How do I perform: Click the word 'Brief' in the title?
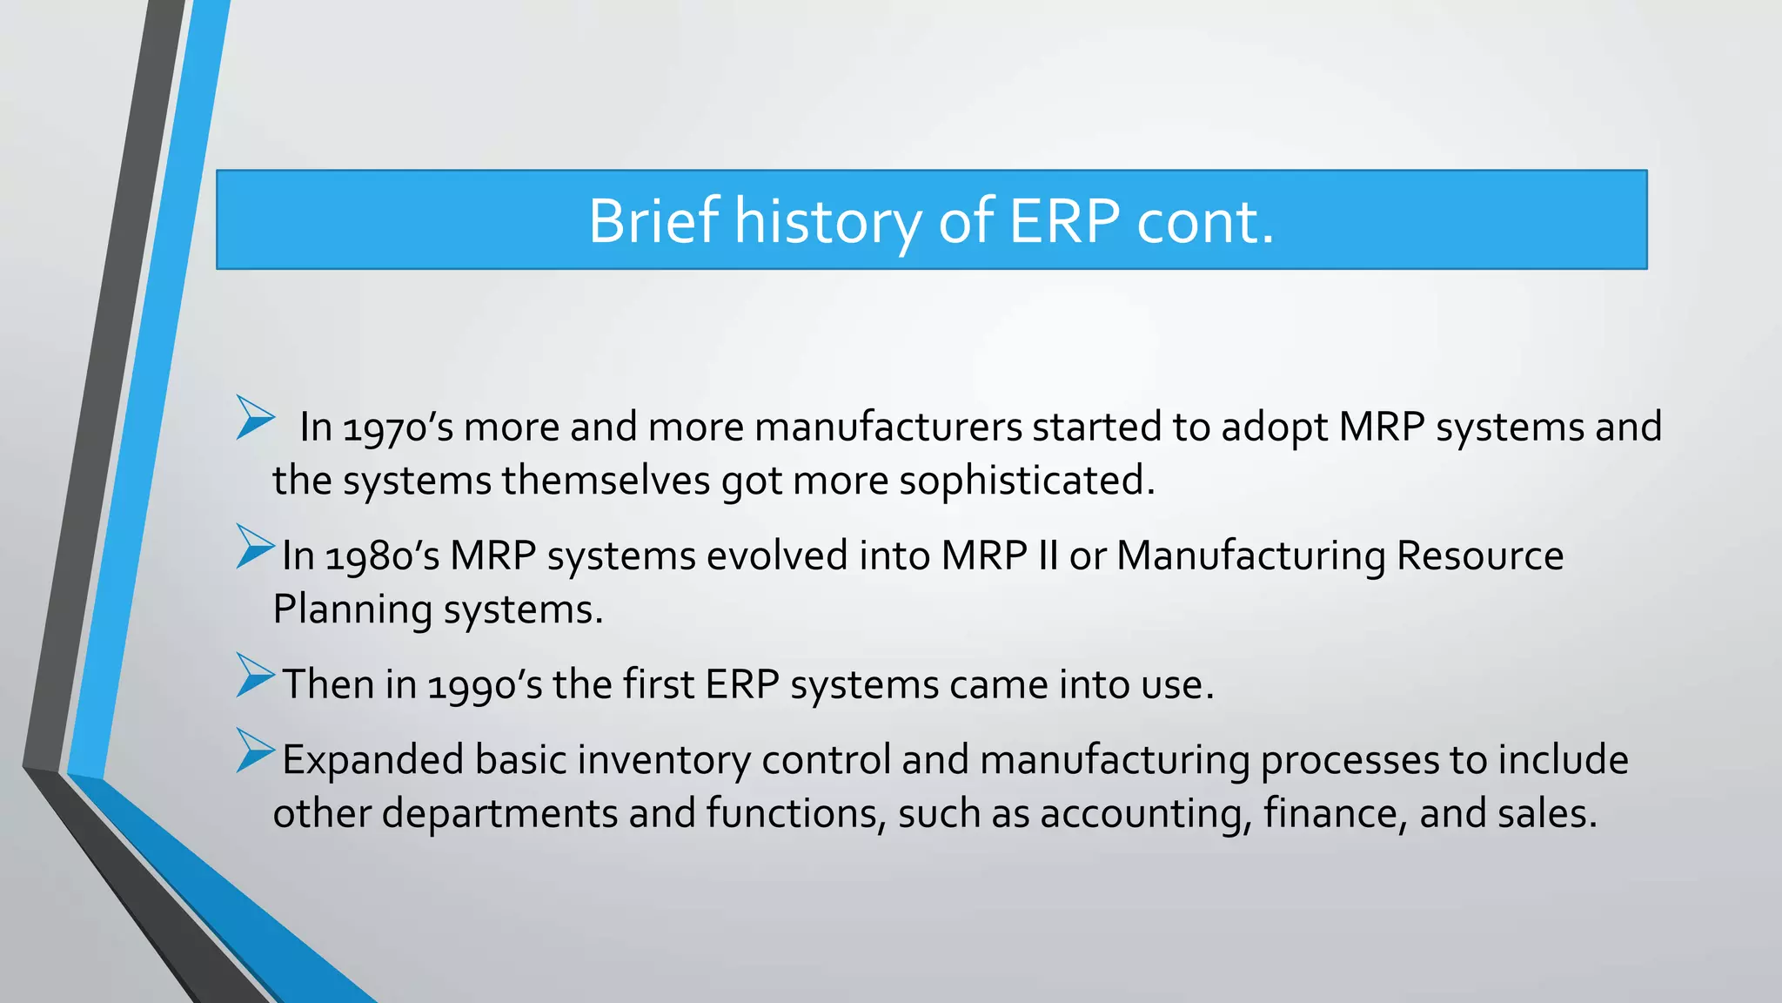coord(653,220)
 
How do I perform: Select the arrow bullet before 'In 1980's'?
coord(255,547)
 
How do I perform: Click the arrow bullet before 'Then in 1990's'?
coord(255,676)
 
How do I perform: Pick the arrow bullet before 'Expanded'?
coord(255,751)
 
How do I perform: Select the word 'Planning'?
coord(352,609)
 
